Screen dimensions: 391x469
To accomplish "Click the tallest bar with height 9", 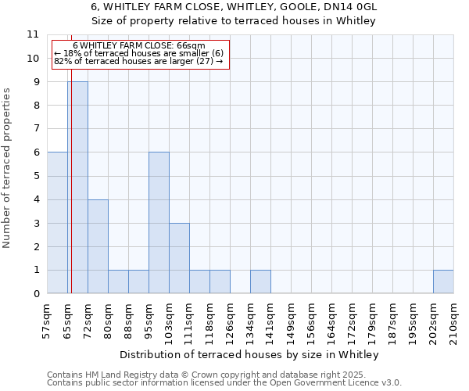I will pos(77,188).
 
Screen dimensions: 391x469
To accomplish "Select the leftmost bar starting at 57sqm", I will pos(57,223).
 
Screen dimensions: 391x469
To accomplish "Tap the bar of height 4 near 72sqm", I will pos(98,246).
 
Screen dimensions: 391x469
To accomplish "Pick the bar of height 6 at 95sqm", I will pos(159,223).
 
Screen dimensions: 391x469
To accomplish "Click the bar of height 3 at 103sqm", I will pos(179,258).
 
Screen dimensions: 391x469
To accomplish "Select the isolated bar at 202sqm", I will pos(443,282).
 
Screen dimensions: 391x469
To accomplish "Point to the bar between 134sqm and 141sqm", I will pos(260,282).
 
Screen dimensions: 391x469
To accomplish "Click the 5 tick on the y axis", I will pos(35,176).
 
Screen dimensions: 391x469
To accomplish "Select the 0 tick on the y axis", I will pos(35,294).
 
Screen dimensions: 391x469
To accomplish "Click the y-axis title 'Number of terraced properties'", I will pos(7,167).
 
